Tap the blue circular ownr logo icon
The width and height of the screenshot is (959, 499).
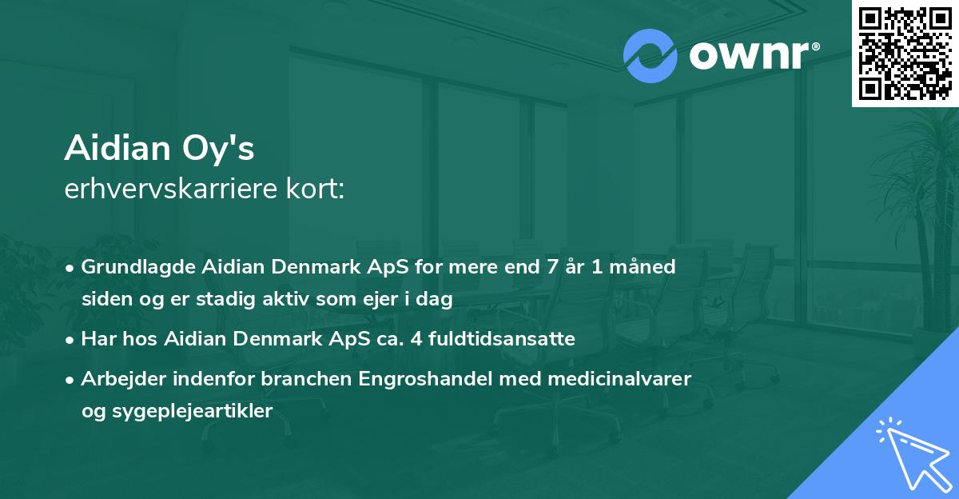651,55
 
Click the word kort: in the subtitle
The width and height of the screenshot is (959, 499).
318,190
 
